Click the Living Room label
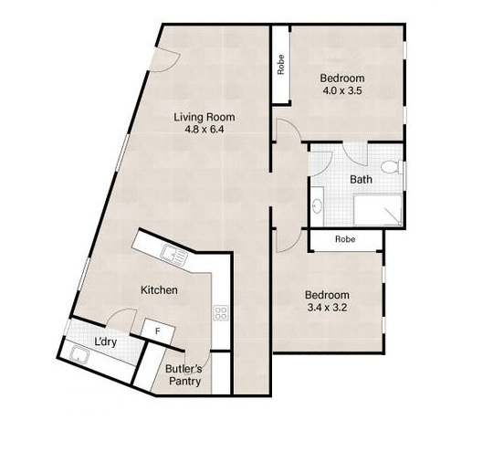(x=205, y=117)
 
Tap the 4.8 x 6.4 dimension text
(x=205, y=130)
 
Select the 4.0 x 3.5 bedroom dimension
(x=342, y=90)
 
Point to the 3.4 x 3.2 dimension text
(x=327, y=308)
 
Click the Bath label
(x=361, y=180)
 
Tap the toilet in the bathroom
(x=392, y=167)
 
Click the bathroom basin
(x=317, y=205)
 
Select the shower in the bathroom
(x=377, y=210)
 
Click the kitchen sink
(x=173, y=255)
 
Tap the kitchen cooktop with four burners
(x=221, y=313)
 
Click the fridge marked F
(x=158, y=331)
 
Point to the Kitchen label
(x=159, y=290)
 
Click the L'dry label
(x=106, y=341)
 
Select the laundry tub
(x=79, y=354)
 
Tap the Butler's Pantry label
(x=184, y=375)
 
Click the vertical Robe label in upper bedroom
(x=281, y=65)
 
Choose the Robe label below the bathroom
(x=345, y=239)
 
